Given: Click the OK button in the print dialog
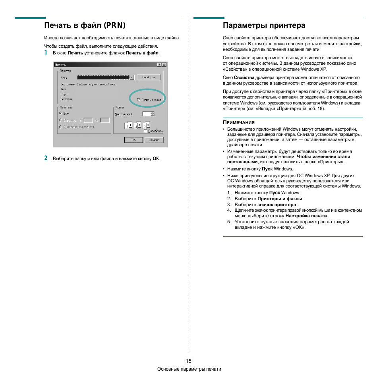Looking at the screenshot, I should [133, 140].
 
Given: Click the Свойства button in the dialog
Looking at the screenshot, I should [148, 77].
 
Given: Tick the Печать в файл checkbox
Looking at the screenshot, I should [138, 100].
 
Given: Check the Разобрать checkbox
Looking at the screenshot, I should [146, 131].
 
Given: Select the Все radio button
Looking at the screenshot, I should [61, 113].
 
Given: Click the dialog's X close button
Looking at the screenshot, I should [164, 65].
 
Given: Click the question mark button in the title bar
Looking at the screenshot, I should [159, 65].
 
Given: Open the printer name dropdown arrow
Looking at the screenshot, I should [131, 77].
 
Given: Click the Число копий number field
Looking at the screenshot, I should [146, 114].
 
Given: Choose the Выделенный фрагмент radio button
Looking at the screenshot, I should [61, 127].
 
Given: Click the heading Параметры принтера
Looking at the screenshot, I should [264, 25].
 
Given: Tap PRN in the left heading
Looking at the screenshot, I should [114, 25].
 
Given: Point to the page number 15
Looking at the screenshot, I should [188, 361].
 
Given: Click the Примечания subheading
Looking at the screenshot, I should [239, 122].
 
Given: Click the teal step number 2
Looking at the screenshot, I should [46, 158].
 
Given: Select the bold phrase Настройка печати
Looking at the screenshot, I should [306, 216].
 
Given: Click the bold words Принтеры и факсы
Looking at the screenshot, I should [280, 199].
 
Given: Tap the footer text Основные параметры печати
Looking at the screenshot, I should [189, 369].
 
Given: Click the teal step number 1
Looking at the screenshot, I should [46, 52].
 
